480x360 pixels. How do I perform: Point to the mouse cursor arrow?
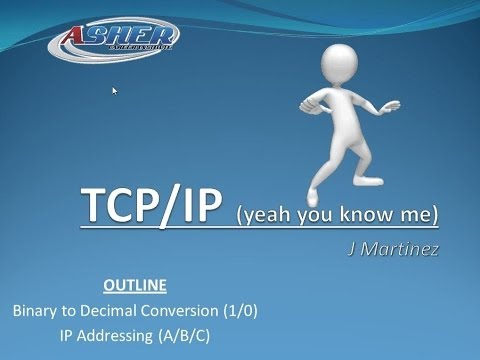(115, 91)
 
